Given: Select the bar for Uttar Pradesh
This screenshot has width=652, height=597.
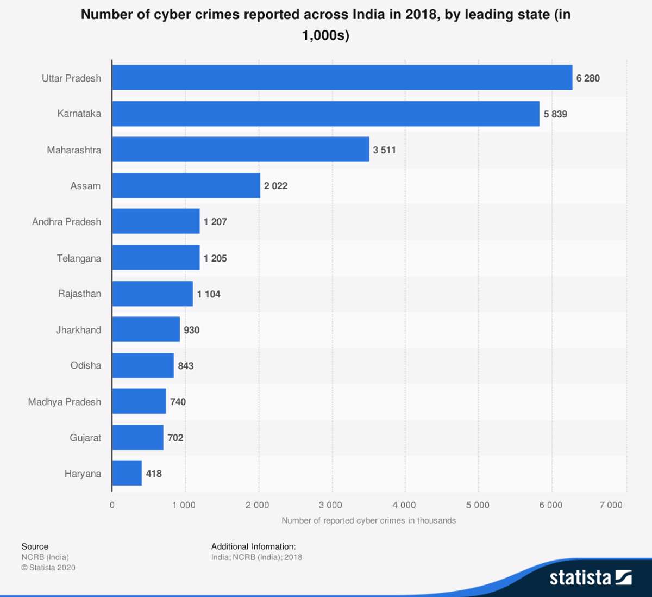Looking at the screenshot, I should click(x=342, y=78).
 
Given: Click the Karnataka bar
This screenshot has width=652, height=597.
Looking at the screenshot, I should click(x=325, y=114).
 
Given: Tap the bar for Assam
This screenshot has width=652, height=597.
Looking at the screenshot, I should click(x=186, y=185).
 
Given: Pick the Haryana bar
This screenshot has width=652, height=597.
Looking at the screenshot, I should click(x=127, y=473).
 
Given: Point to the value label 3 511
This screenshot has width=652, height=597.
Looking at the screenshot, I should click(x=384, y=150).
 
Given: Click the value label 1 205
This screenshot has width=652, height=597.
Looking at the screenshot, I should click(x=215, y=258).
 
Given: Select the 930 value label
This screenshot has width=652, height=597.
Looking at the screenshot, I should click(x=191, y=330).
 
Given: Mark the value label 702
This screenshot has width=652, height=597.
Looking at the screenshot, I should click(x=175, y=438).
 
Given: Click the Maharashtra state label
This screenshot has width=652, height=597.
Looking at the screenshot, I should click(x=74, y=150).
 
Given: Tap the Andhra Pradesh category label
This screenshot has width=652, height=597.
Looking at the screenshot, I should click(x=66, y=222).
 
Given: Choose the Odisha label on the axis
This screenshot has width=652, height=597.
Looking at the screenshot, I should click(x=85, y=365).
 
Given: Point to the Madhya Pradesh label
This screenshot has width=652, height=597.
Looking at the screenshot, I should click(x=65, y=402).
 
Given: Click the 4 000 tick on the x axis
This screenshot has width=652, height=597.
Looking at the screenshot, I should click(x=404, y=505).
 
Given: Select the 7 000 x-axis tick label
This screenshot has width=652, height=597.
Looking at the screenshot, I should click(x=611, y=505).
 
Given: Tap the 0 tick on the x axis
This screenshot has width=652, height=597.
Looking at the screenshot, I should click(x=112, y=505).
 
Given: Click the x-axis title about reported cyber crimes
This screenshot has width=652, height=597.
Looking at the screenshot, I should click(x=368, y=520).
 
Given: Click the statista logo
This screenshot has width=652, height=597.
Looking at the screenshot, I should click(x=590, y=577).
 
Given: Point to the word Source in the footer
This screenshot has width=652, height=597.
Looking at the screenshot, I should click(x=35, y=546).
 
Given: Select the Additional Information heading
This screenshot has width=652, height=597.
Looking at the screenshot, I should click(x=253, y=546).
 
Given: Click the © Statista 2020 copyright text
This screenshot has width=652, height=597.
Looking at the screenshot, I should click(x=48, y=568).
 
